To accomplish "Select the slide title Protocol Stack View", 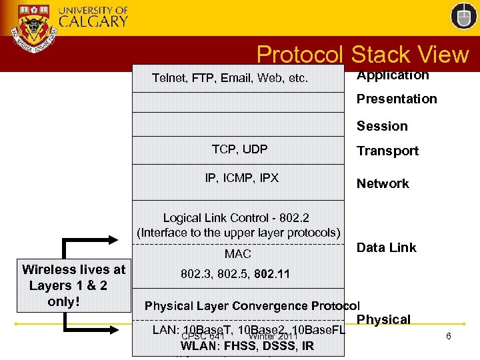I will (x=363, y=55).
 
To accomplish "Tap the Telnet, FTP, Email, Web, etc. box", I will (x=231, y=78).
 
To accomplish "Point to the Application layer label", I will (x=393, y=75).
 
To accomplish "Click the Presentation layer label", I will (x=397, y=99).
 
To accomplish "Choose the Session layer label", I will (x=382, y=126).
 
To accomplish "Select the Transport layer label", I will (x=387, y=151).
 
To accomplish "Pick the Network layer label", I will (x=383, y=183).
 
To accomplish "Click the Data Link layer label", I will (x=386, y=247).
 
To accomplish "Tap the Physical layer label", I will (x=383, y=319).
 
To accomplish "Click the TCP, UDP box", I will (x=239, y=149).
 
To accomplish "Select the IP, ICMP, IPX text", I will (x=242, y=178).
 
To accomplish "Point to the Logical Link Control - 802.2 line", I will (x=236, y=218).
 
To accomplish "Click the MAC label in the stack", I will (x=238, y=254).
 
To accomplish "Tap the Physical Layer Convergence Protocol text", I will (x=252, y=306).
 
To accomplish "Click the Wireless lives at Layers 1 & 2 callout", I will (x=73, y=285).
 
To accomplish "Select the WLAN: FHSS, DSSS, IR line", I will (x=247, y=346).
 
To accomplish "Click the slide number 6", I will (x=449, y=336).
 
